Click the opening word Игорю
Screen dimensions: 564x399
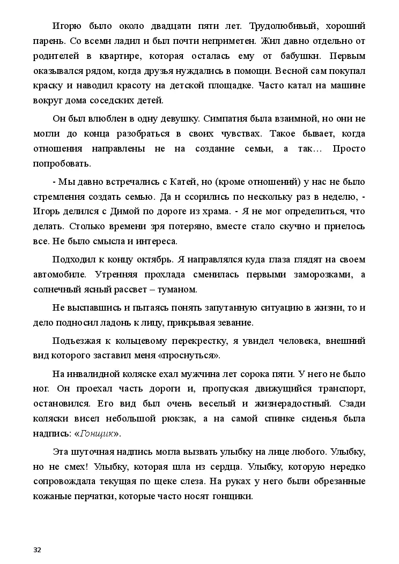(x=66, y=26)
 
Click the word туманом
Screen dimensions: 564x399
(x=178, y=290)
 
